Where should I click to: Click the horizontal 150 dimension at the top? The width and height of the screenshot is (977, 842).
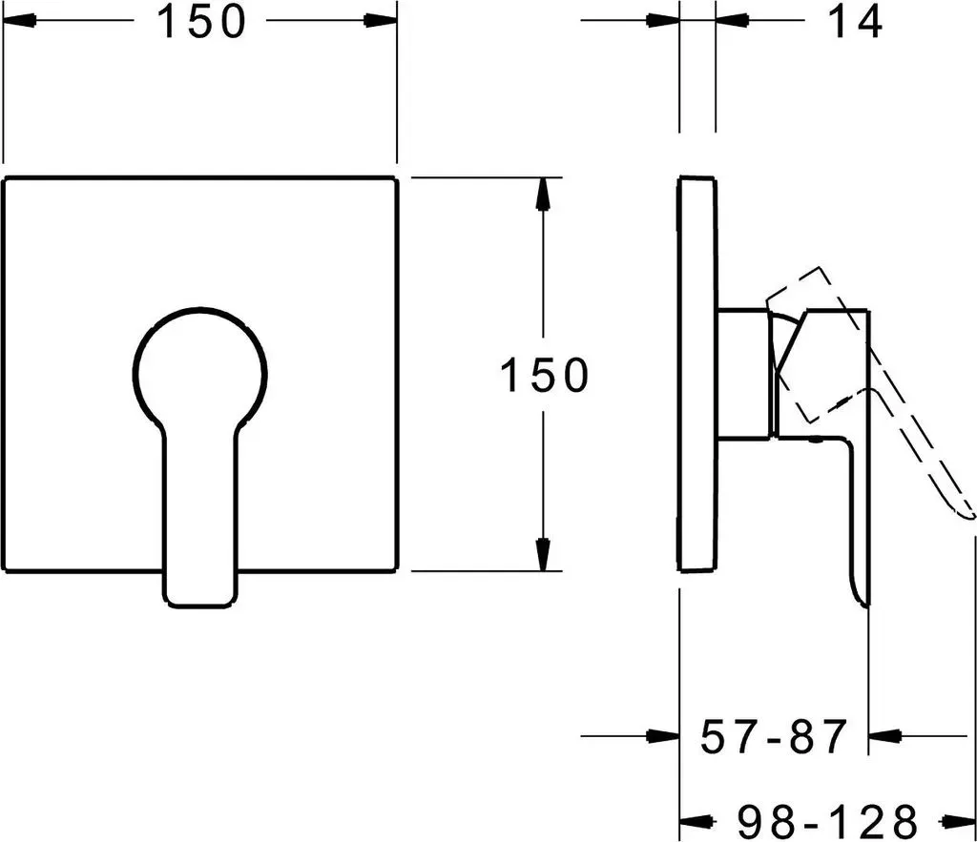point(200,21)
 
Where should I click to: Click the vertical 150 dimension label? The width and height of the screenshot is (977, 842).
point(544,375)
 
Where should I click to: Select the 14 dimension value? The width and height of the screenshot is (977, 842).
point(855,22)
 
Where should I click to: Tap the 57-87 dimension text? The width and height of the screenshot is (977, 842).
point(774,736)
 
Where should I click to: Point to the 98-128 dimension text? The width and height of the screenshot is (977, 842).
point(827,821)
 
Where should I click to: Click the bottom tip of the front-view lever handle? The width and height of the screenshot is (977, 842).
point(200,606)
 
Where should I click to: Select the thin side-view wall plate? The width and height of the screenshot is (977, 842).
point(697,374)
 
